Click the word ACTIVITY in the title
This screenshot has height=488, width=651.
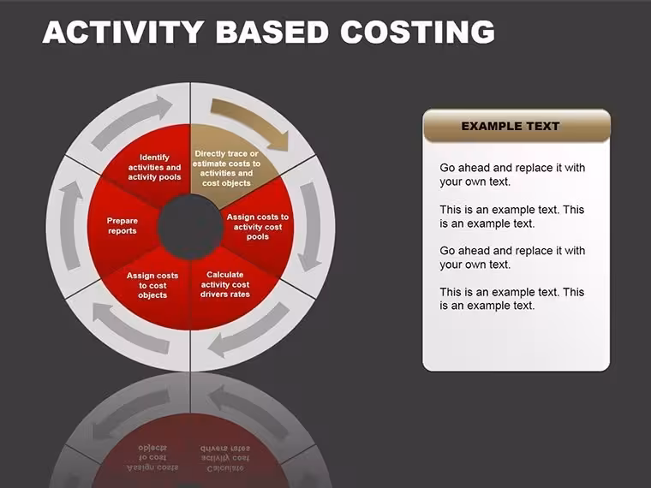click(x=122, y=32)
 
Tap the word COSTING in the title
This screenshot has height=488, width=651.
click(x=418, y=32)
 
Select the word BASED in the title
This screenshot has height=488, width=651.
click(x=272, y=32)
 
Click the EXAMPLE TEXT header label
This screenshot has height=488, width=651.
click(x=511, y=126)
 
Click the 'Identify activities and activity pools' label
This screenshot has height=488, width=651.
click(x=154, y=167)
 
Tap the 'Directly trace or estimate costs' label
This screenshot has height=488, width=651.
click(x=226, y=168)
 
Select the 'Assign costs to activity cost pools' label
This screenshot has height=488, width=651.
click(x=258, y=227)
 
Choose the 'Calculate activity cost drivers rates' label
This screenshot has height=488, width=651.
click(x=225, y=284)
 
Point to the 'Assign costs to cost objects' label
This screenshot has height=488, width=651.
click(x=152, y=285)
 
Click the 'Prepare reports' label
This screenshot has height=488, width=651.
click(x=122, y=226)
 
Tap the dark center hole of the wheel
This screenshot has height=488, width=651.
click(x=190, y=227)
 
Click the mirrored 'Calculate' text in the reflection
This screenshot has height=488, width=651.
click(x=225, y=468)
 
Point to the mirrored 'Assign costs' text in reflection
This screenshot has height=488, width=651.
click(x=152, y=467)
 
